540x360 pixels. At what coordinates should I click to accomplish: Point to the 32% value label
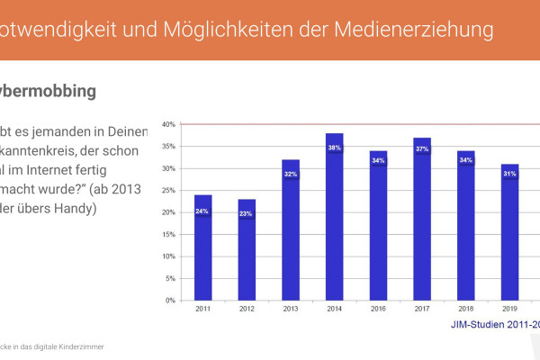(291, 174)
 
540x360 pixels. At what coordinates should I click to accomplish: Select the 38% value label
(335, 148)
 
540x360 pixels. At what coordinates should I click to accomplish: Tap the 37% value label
(422, 149)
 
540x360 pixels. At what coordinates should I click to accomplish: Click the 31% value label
(510, 174)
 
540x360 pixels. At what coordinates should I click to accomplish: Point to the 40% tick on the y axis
(168, 124)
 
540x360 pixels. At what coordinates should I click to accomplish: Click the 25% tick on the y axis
(168, 190)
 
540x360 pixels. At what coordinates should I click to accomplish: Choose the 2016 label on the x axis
(379, 309)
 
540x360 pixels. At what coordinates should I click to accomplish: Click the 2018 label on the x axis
(466, 309)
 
